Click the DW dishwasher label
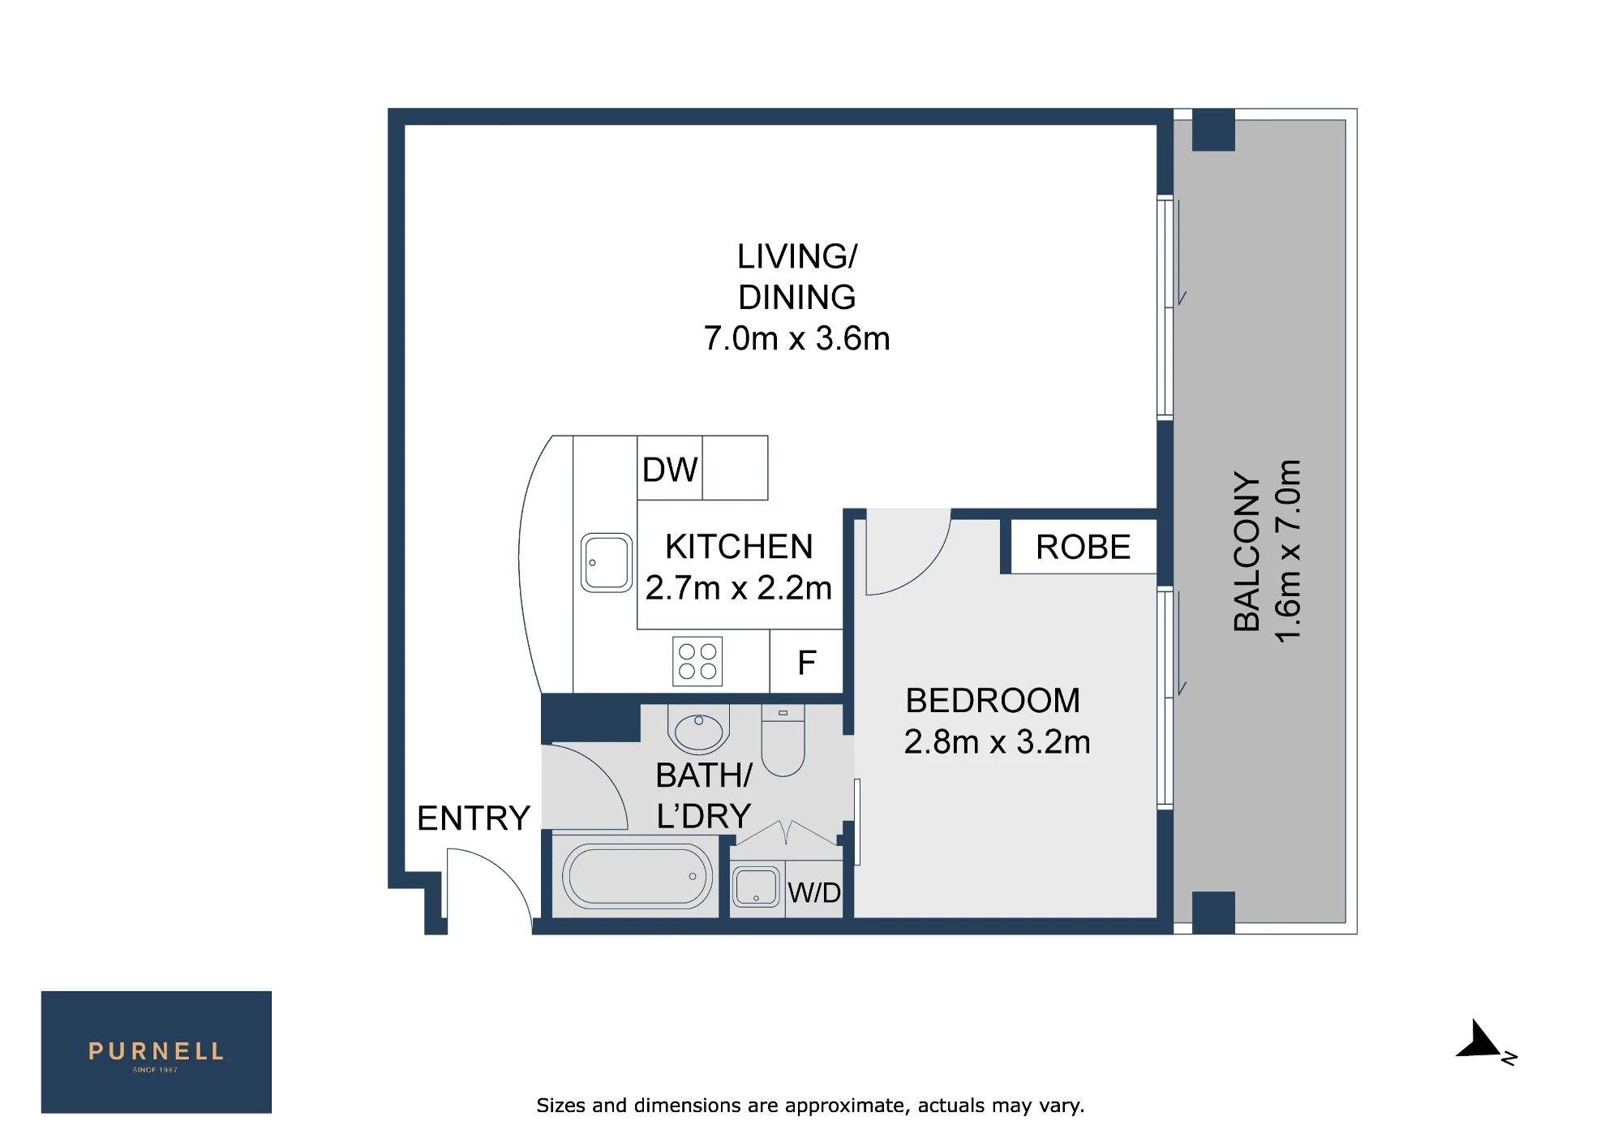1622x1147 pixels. click(x=670, y=470)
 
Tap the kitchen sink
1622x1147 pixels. click(x=607, y=562)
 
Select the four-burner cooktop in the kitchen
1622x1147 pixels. click(x=697, y=661)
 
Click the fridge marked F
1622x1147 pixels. click(x=806, y=663)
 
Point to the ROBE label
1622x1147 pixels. click(x=1083, y=548)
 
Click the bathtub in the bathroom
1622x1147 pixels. click(x=637, y=876)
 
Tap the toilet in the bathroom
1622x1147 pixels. click(x=783, y=740)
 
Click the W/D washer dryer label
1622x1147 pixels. click(x=814, y=893)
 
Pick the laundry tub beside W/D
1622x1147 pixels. click(x=757, y=887)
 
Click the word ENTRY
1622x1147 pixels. click(x=474, y=818)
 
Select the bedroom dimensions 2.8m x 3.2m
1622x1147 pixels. click(x=997, y=742)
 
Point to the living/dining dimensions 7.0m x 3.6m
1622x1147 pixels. click(x=796, y=338)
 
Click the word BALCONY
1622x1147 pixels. click(x=1247, y=552)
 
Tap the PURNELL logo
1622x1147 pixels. click(x=157, y=1052)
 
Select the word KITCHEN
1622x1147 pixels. click(x=739, y=547)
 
